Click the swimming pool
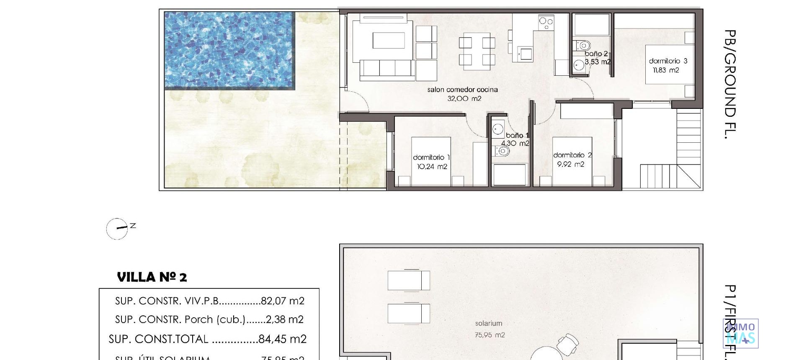(x=229, y=50)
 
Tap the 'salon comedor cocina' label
(x=462, y=90)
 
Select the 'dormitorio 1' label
(x=431, y=157)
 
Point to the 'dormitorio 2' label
(x=572, y=155)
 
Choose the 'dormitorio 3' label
(x=668, y=61)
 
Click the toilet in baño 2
(x=583, y=45)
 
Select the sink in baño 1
(x=498, y=129)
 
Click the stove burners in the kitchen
(x=546, y=22)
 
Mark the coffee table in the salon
(x=389, y=41)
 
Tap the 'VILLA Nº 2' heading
(x=152, y=277)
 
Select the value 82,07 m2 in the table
(x=282, y=301)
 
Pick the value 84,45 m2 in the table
(x=282, y=339)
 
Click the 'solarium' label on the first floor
(x=488, y=324)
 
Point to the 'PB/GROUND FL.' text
(x=730, y=84)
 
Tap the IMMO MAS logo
(x=740, y=334)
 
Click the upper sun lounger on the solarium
(x=408, y=280)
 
